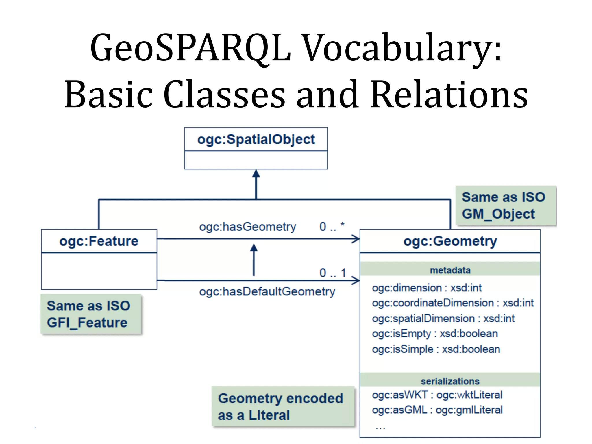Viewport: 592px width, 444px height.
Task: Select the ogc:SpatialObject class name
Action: click(x=256, y=139)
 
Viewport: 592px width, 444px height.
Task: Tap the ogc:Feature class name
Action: click(x=99, y=241)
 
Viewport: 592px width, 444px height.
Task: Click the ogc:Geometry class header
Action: click(x=450, y=241)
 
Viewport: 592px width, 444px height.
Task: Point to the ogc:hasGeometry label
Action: click(x=247, y=227)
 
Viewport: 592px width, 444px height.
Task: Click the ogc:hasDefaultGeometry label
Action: click(x=267, y=291)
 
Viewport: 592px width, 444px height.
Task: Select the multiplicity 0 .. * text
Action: click(x=332, y=226)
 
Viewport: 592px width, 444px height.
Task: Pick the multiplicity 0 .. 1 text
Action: click(x=332, y=273)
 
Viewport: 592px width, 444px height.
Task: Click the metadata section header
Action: click(x=450, y=270)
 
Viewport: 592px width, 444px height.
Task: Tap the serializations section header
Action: click(x=450, y=381)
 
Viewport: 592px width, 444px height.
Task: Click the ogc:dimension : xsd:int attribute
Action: click(x=427, y=288)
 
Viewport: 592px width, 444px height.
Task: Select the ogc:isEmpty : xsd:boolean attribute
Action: click(x=435, y=334)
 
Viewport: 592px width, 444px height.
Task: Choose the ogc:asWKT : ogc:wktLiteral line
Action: click(x=437, y=395)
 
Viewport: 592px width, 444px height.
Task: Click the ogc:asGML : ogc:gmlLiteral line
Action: click(x=437, y=410)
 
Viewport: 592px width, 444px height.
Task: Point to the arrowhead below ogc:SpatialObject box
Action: click(x=256, y=173)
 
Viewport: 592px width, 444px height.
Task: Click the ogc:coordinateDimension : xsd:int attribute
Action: click(x=453, y=303)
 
